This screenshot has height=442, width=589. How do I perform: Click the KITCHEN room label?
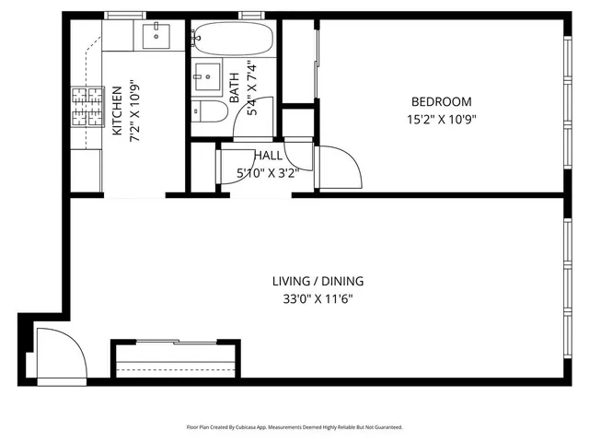coord(118,112)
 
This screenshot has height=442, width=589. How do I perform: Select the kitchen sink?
coord(153,36)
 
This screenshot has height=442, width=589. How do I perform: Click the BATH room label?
coord(235,87)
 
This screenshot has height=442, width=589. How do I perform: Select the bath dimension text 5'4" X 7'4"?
coord(248,87)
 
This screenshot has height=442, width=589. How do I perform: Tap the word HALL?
coord(268,157)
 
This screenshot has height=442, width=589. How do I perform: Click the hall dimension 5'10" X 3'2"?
coord(268,171)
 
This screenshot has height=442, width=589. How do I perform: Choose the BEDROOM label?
coord(441,102)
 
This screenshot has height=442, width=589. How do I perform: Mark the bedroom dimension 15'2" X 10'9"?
coord(441,118)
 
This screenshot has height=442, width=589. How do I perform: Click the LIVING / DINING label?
coord(318,282)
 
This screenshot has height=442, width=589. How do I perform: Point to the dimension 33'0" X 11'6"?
coord(318,298)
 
